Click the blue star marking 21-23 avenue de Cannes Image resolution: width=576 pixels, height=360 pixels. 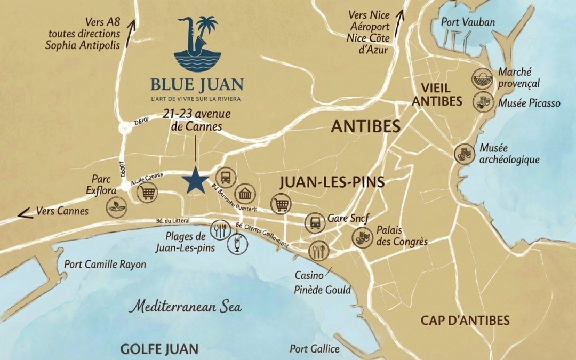195,180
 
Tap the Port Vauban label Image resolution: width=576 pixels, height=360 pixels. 468,22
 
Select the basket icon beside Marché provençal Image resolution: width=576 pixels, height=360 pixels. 482,78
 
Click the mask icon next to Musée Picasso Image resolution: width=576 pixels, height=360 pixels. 483,101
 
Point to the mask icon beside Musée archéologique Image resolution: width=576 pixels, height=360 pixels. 464,154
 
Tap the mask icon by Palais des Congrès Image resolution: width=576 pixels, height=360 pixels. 362,236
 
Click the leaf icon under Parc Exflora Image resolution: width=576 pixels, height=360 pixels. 116,207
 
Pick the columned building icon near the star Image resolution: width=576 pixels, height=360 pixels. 245,194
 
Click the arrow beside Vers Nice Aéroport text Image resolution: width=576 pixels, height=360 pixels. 399,15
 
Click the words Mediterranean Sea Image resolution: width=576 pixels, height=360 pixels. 186,307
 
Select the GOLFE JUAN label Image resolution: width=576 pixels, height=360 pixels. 159,349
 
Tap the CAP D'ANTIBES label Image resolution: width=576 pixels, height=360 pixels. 465,321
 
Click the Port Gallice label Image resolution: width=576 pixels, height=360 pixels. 314,348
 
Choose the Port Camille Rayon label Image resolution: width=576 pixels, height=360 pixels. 105,264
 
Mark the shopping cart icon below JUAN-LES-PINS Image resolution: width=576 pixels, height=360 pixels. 281,203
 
